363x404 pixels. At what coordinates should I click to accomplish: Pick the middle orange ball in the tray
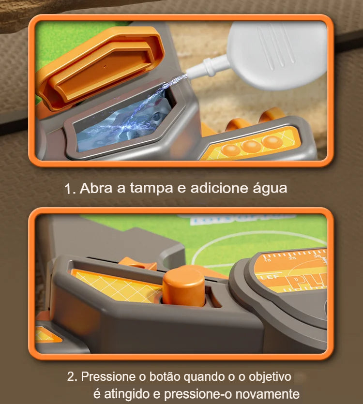(x=252, y=146)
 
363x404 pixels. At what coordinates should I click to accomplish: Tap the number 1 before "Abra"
(x=69, y=189)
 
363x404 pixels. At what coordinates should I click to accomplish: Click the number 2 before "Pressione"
(x=71, y=376)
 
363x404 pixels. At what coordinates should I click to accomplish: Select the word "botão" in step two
(x=161, y=376)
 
